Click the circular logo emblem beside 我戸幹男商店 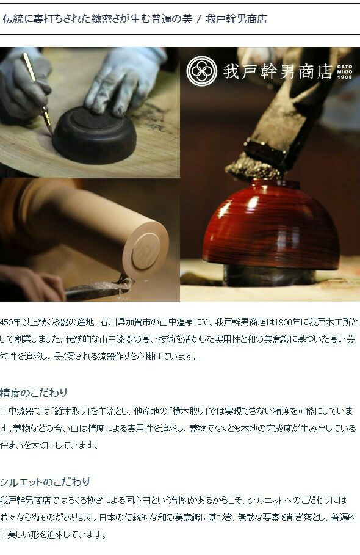pos(201,71)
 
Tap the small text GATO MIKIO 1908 pos(344,71)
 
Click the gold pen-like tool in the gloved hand pos(37,92)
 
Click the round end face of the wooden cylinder pos(146,250)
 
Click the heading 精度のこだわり pos(34,393)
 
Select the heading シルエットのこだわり pos(45,482)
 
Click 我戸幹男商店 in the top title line pos(236,19)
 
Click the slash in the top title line pos(199,19)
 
